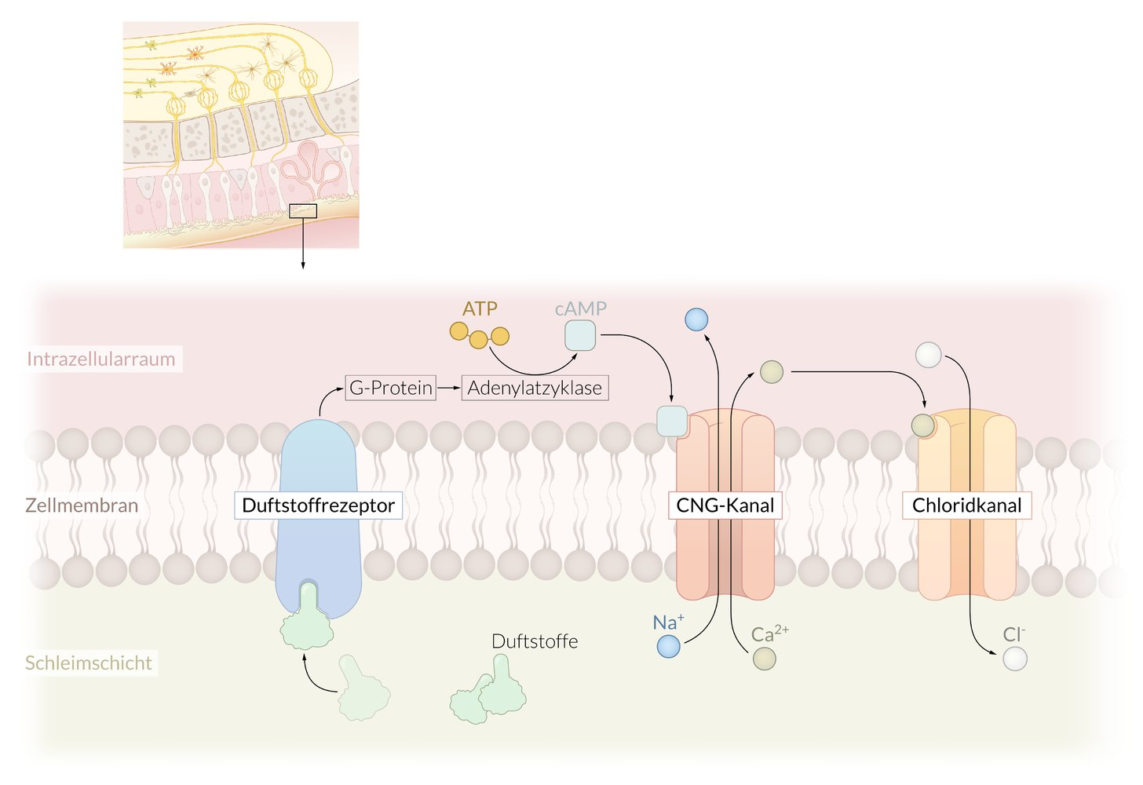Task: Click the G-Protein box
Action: (390, 388)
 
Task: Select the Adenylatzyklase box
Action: (535, 388)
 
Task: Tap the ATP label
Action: (480, 309)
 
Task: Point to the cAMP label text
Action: (581, 309)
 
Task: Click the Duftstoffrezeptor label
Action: (318, 505)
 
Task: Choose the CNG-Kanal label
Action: (725, 505)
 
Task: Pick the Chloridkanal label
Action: (966, 505)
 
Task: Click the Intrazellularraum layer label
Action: (101, 359)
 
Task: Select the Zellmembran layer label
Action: (82, 505)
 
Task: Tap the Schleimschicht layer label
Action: (89, 663)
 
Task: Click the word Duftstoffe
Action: (535, 641)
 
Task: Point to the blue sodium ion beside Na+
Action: (668, 646)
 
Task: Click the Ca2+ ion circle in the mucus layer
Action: (764, 659)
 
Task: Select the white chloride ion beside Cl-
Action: (1014, 659)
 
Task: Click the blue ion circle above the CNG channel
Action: (696, 319)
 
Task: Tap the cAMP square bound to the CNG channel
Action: (671, 421)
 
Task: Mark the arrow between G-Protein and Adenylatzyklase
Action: (448, 388)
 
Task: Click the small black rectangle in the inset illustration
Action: (303, 210)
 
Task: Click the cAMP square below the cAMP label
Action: (580, 335)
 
